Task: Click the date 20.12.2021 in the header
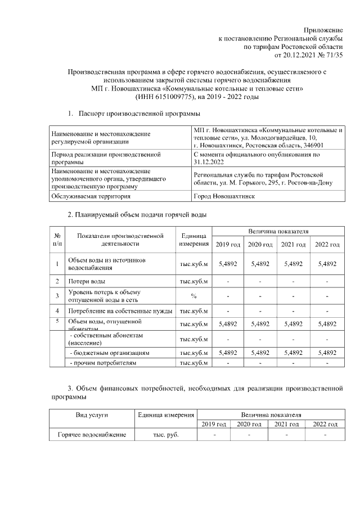pyautogui.click(x=300, y=55)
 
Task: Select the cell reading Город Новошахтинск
pyautogui.click(x=224, y=196)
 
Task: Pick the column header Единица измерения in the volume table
pyautogui.click(x=193, y=240)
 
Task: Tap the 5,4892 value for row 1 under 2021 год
pyautogui.click(x=293, y=263)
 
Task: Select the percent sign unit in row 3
pyautogui.click(x=193, y=295)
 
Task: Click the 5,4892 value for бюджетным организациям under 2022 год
pyautogui.click(x=327, y=353)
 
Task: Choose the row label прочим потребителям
pyautogui.click(x=102, y=363)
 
